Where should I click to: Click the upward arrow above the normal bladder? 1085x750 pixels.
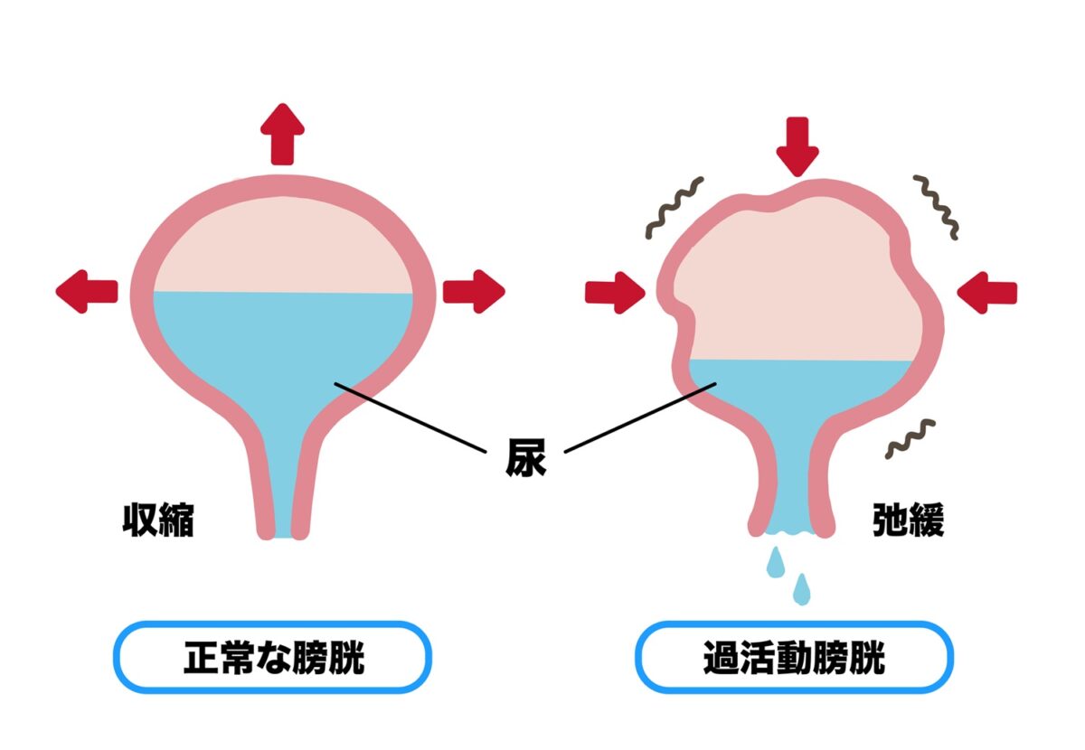[282, 134]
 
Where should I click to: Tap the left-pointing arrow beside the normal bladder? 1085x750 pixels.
[87, 292]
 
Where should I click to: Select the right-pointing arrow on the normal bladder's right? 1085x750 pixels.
[474, 292]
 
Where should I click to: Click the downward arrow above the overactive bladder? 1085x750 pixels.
[797, 146]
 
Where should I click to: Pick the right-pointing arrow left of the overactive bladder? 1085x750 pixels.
[615, 293]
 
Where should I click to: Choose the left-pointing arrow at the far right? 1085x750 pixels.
[986, 293]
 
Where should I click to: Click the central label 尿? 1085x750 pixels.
[525, 457]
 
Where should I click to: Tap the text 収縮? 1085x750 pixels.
[158, 520]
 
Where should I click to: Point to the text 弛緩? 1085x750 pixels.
[908, 520]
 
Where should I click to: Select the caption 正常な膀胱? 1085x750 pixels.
[274, 658]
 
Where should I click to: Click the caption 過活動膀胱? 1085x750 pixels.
[795, 658]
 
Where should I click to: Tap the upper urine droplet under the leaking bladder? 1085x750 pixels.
[776, 562]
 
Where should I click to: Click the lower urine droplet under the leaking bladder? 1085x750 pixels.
[802, 589]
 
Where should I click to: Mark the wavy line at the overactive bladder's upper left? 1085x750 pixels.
[675, 208]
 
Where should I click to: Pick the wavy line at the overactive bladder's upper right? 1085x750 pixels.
[936, 208]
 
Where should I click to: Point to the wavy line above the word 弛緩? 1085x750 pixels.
[910, 439]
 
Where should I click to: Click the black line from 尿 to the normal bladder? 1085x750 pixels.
[410, 417]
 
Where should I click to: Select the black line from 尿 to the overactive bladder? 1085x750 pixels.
[640, 417]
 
